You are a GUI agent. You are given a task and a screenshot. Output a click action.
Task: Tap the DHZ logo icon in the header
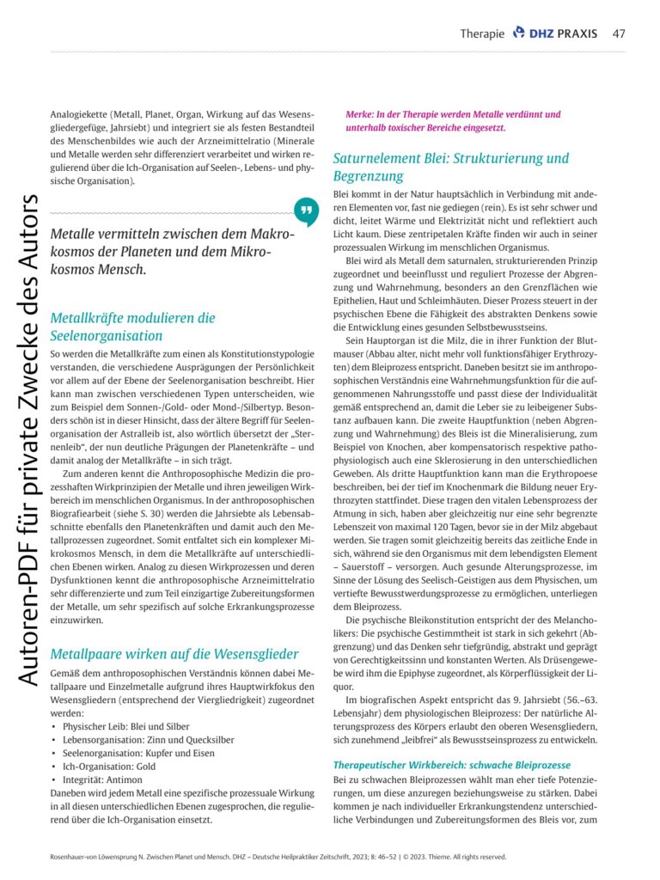point(518,33)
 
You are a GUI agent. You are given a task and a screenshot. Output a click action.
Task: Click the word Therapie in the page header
point(481,34)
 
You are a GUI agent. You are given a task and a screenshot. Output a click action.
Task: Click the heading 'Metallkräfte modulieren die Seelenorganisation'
point(133,327)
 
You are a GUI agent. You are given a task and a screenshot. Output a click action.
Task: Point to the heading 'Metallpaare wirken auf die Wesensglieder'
point(174,654)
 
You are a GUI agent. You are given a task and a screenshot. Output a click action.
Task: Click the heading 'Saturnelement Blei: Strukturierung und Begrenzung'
point(450,168)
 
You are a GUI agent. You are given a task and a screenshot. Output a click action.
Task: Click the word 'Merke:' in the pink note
point(360,114)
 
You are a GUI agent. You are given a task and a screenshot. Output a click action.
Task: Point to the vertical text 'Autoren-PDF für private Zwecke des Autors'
point(27,438)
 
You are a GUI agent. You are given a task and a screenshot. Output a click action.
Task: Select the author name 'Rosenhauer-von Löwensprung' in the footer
point(97,857)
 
